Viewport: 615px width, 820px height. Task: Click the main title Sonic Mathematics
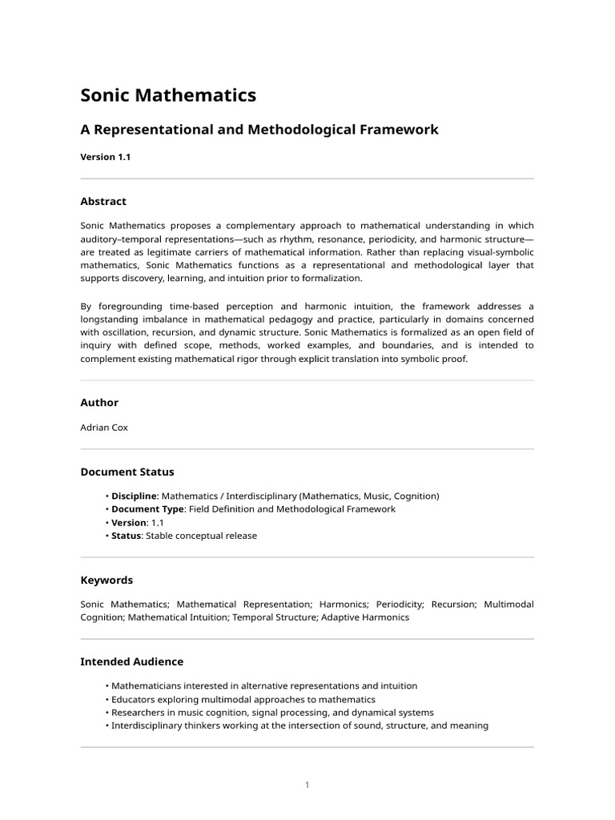[x=168, y=95]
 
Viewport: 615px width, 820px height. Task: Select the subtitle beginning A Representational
[x=259, y=129]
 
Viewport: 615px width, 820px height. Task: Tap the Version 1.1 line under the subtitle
[x=105, y=157]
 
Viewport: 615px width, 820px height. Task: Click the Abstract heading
[x=103, y=202]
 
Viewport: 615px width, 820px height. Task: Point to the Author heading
[x=99, y=403]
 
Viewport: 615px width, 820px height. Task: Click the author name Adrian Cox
[x=104, y=428]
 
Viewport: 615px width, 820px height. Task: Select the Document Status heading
[x=127, y=472]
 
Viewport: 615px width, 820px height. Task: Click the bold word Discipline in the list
[x=134, y=496]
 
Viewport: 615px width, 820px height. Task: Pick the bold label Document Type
[x=147, y=509]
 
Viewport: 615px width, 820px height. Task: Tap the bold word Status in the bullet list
[x=126, y=536]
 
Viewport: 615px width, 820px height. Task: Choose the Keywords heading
[x=107, y=580]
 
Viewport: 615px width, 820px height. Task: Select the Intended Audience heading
[x=131, y=661]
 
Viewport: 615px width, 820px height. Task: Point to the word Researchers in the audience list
[x=139, y=713]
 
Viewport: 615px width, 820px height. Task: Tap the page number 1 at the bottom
[x=307, y=785]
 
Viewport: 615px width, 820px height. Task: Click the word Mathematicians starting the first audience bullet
[x=147, y=686]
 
